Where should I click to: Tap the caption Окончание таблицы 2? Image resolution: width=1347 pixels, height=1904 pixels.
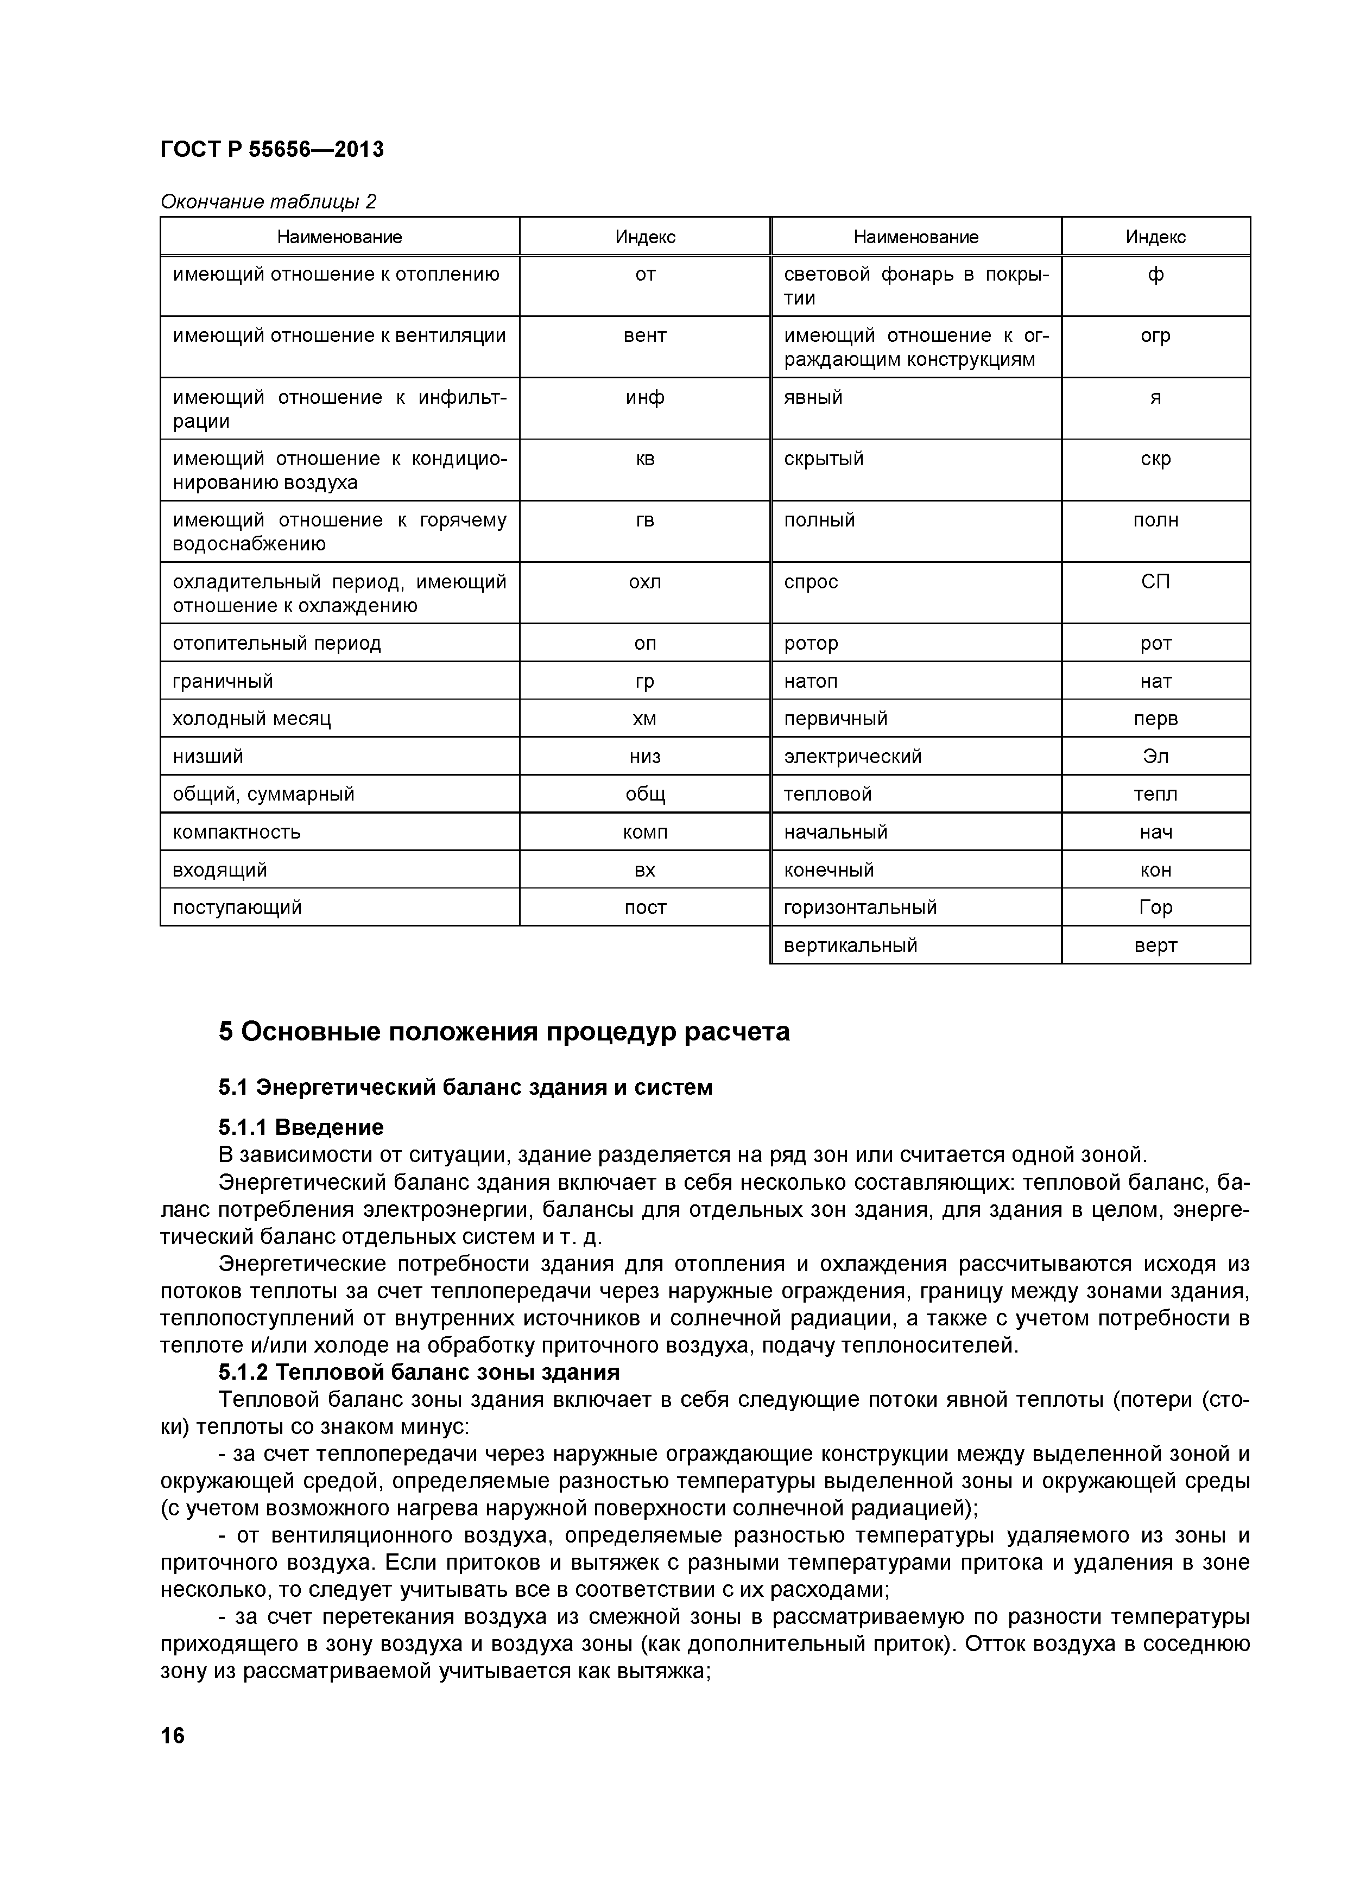[268, 201]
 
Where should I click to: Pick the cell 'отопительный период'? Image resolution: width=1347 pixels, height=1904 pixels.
[277, 644]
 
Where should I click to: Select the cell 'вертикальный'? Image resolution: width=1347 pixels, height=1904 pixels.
[850, 945]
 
